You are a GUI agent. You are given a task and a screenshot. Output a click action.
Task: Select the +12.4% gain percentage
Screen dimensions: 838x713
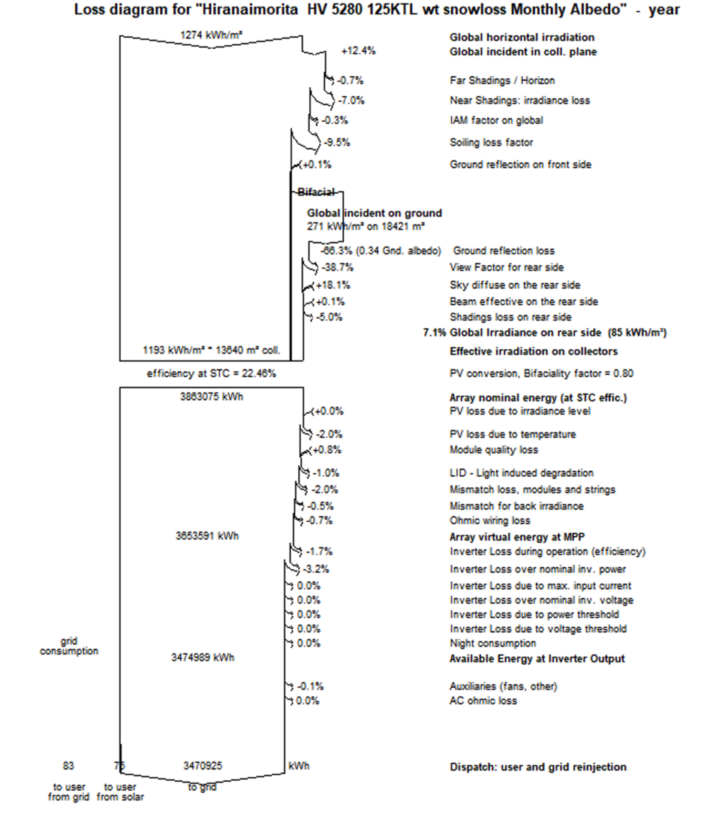pos(358,51)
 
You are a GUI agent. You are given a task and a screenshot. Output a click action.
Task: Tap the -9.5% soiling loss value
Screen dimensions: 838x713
pos(337,142)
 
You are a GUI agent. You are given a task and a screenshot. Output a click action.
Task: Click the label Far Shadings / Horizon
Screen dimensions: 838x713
pos(502,80)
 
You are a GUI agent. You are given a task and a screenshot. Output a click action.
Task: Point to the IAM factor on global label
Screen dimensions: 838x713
pos(496,120)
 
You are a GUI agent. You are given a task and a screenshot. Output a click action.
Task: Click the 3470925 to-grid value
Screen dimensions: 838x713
pos(203,767)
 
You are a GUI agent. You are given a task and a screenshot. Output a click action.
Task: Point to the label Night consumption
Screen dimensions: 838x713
pos(493,644)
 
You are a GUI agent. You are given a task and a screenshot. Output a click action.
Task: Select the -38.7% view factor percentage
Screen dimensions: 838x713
pos(338,267)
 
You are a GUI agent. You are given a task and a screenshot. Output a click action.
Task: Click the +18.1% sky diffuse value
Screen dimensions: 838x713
pos(333,285)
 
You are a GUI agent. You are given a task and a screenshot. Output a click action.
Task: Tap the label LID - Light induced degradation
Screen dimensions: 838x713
pos(522,473)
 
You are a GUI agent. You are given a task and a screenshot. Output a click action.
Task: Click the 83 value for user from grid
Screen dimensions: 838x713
pos(68,767)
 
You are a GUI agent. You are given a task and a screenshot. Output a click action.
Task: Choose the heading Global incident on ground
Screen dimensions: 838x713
pos(375,213)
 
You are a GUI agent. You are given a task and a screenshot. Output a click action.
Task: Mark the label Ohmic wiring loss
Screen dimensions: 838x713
pos(490,520)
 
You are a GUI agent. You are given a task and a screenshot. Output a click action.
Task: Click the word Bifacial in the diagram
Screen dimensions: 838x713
pos(316,192)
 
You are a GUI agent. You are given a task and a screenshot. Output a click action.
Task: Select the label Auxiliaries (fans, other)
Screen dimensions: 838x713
pos(504,686)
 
